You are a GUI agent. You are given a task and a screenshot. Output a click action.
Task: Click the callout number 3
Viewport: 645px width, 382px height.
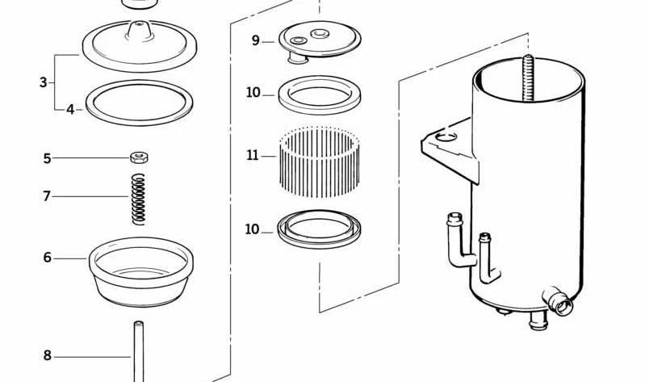[x=44, y=82]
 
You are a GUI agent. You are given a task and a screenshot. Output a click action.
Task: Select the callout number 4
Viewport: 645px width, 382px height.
[x=70, y=110]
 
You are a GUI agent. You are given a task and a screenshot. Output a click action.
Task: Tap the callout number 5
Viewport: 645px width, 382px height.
[x=48, y=158]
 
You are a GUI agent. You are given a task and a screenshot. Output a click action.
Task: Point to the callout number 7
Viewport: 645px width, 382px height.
[x=47, y=196]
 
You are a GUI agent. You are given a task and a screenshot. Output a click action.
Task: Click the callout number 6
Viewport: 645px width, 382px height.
[x=48, y=258]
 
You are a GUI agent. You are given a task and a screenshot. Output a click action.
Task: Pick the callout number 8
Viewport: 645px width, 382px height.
[x=48, y=355]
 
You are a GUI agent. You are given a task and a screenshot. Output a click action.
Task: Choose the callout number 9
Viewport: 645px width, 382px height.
[x=256, y=40]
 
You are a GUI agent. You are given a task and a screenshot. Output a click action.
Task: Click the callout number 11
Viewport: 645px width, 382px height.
[x=253, y=156]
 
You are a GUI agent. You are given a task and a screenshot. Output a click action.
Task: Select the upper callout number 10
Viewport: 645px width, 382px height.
[x=253, y=93]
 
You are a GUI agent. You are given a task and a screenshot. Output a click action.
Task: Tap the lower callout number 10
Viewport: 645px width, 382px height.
[x=252, y=229]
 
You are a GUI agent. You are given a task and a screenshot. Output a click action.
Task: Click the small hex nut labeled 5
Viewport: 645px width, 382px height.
[x=140, y=157]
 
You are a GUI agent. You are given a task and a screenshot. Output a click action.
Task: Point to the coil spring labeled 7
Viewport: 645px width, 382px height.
[x=139, y=199]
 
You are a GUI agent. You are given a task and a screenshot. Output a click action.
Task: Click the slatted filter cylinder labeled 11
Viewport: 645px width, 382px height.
[x=319, y=162]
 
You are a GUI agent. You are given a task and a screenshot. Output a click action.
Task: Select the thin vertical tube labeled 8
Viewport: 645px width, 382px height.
[x=139, y=351]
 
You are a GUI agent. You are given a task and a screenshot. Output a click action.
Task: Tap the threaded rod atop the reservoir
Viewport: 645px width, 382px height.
[x=528, y=78]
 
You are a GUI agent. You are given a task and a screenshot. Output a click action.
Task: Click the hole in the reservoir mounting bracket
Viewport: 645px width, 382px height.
[x=446, y=136]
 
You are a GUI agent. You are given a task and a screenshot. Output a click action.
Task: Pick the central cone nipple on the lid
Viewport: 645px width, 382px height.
[x=139, y=30]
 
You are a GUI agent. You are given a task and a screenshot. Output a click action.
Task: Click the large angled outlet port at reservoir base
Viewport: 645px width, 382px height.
[x=558, y=302]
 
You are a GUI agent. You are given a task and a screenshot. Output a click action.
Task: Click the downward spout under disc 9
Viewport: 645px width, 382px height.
[x=297, y=57]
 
